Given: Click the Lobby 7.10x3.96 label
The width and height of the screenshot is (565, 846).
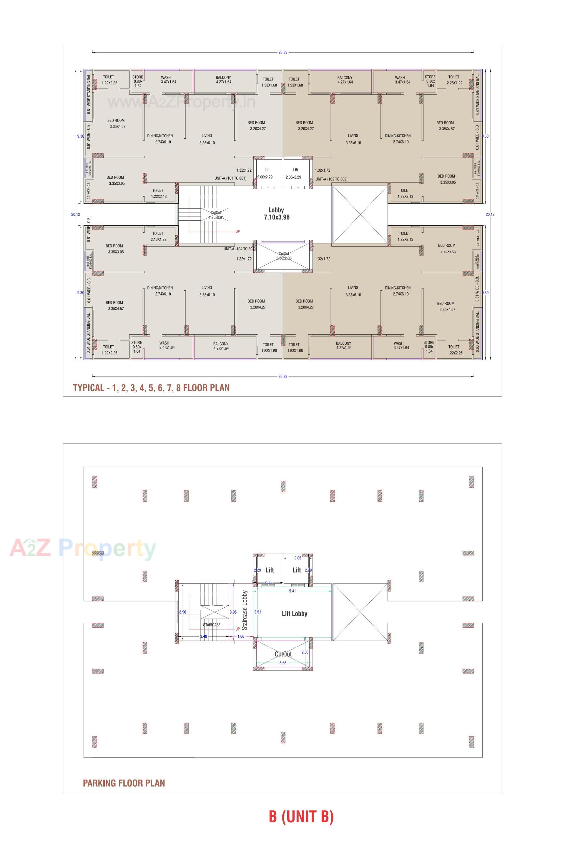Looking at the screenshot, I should coord(276,213).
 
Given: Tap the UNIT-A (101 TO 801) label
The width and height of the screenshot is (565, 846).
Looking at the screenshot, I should coord(230,178).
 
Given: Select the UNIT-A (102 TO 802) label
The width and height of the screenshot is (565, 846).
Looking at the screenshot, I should coord(332,179).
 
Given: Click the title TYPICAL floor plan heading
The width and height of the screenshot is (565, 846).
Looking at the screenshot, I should coord(151,388).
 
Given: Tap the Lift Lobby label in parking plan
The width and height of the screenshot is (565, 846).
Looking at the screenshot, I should coord(294,614).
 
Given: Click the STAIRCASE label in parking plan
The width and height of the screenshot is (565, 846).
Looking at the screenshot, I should coord(212,625).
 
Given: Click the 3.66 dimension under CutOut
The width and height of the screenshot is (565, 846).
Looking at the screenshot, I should coord(283,662).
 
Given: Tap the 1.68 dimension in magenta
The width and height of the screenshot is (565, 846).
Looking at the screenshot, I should coord(241,636).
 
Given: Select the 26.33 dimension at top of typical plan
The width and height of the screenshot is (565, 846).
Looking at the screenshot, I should coord(283,52).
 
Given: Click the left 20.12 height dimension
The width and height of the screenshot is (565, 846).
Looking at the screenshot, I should coord(76,215).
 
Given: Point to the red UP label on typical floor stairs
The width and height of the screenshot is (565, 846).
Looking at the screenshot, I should coord(237,231).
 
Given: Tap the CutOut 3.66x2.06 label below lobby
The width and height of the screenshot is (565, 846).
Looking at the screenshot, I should coord(284,256).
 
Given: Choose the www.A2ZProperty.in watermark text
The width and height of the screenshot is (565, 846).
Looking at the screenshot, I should coord(181,102).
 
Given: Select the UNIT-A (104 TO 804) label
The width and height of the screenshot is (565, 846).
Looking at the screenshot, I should coord(239,249).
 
